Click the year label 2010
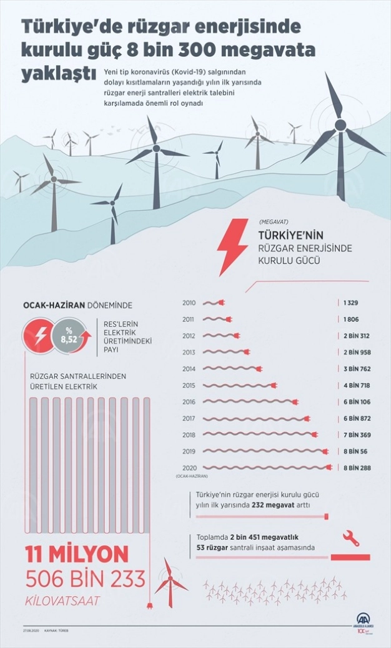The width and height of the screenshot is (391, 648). (x=189, y=303)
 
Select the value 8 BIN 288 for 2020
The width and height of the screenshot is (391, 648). (x=357, y=467)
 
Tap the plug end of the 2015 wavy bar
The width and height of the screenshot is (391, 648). (x=273, y=385)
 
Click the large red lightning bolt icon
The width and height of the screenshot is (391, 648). (x=232, y=246)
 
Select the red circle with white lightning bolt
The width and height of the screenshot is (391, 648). (x=39, y=336)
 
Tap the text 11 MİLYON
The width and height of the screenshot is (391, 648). (x=77, y=554)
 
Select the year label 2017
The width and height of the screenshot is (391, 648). (x=189, y=418)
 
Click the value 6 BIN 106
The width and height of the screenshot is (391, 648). (x=357, y=402)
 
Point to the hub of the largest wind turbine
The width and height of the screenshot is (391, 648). (x=340, y=125)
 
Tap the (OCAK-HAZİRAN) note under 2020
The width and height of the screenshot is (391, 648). (x=191, y=477)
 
